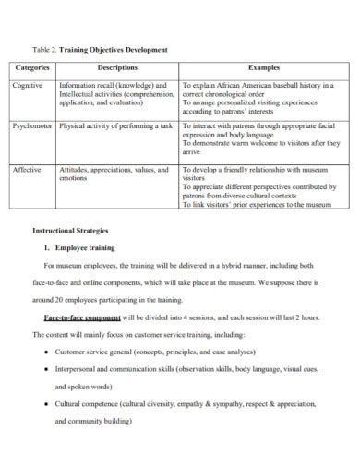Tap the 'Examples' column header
[262, 67]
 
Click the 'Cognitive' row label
[29, 84]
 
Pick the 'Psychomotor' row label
[34, 124]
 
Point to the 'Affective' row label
[28, 170]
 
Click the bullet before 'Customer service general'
[46, 352]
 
